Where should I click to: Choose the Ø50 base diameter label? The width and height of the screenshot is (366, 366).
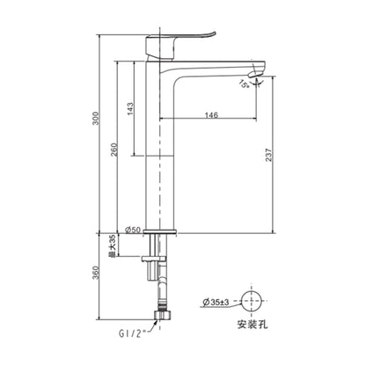pyautogui.click(x=134, y=230)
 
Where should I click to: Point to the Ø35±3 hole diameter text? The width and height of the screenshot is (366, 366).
pyautogui.click(x=216, y=303)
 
